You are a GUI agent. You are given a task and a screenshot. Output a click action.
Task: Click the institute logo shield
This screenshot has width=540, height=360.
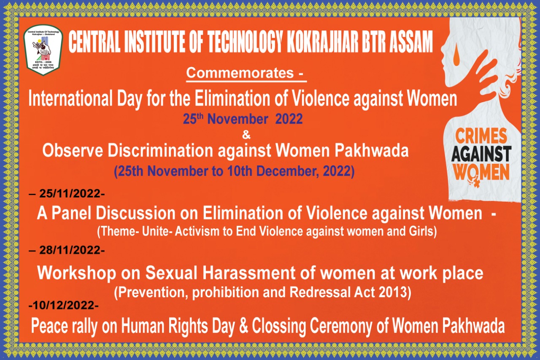pyautogui.click(x=43, y=50)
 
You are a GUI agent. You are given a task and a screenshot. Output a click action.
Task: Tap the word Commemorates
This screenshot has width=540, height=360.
pyautogui.click(x=240, y=73)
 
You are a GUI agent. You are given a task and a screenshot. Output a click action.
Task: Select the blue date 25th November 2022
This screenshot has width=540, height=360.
pyautogui.click(x=243, y=119)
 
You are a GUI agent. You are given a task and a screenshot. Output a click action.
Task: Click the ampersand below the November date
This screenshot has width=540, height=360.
pyautogui.click(x=246, y=135)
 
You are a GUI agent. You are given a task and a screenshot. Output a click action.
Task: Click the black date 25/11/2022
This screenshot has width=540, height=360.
pyautogui.click(x=70, y=194)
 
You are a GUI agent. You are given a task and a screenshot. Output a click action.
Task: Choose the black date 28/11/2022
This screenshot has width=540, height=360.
pyautogui.click(x=70, y=250)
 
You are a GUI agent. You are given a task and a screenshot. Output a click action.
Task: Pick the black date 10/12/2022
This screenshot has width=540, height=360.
pyautogui.click(x=64, y=306)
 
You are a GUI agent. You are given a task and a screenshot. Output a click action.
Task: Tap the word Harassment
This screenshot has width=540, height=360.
pyautogui.click(x=252, y=273)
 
